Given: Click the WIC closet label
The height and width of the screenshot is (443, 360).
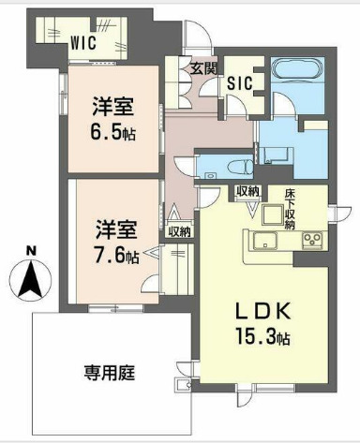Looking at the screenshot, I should tap(83, 40).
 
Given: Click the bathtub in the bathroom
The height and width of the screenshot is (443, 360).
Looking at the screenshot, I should tap(295, 74).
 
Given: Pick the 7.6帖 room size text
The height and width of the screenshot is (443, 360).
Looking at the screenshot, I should tap(116, 254).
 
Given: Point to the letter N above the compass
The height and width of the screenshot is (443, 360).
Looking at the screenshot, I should tap(31, 250).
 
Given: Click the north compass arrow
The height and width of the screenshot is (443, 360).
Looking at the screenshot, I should tap(31, 277).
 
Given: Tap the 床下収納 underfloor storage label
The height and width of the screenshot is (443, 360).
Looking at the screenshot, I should tap(292, 209).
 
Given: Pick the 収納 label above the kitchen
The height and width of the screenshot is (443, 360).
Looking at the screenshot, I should tap(248, 192).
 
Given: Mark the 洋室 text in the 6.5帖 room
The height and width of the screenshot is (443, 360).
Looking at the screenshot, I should tap(112, 106).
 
